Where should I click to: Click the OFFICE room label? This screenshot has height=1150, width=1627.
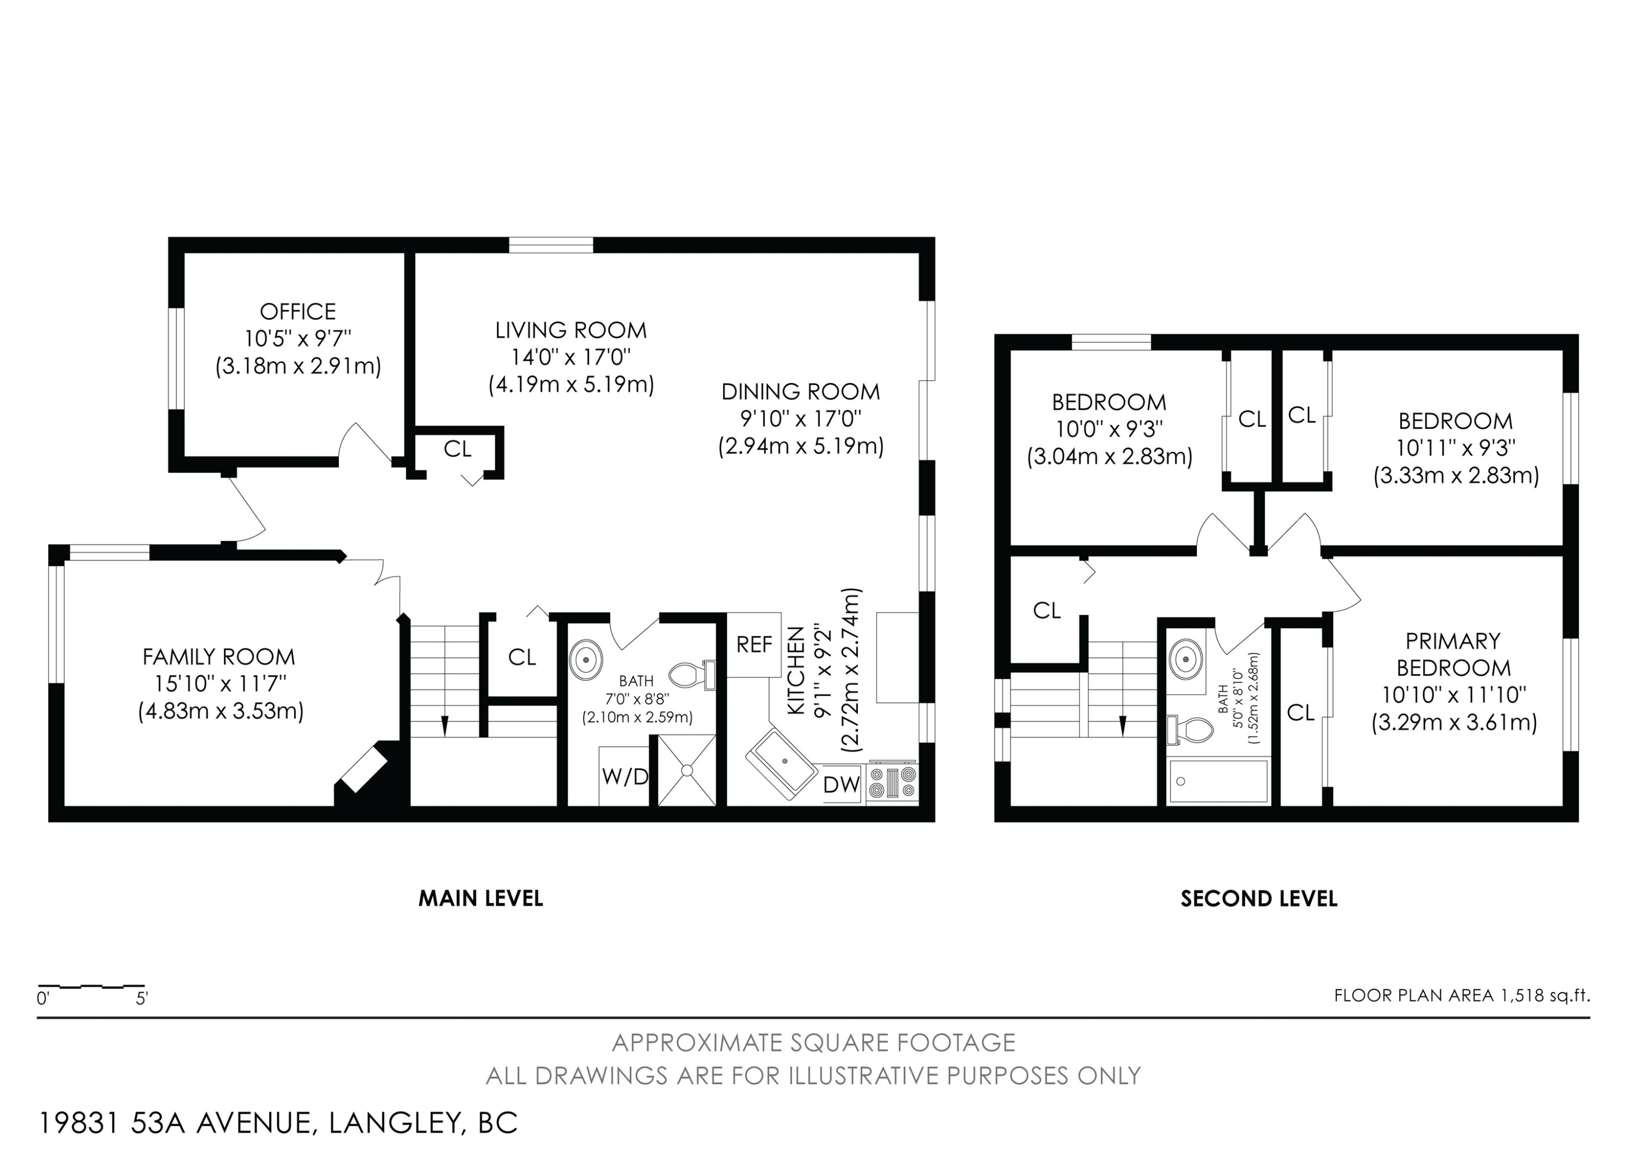[298, 312]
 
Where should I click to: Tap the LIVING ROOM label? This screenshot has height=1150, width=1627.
[571, 330]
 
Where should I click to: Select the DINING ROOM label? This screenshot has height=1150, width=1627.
[800, 392]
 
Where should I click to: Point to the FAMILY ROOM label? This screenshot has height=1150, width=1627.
[219, 657]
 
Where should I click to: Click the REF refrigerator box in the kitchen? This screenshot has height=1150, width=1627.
[754, 645]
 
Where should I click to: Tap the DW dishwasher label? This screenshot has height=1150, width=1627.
[842, 784]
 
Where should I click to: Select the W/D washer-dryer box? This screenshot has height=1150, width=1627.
[624, 776]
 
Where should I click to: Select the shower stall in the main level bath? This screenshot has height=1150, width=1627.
[687, 770]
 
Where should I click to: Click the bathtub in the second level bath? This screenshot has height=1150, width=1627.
[1218, 782]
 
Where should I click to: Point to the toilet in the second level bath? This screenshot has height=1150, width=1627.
[1190, 730]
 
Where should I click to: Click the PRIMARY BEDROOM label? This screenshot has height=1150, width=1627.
[1453, 655]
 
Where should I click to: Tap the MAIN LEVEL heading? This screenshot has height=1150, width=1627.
[481, 898]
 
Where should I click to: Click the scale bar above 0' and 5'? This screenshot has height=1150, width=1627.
[92, 986]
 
